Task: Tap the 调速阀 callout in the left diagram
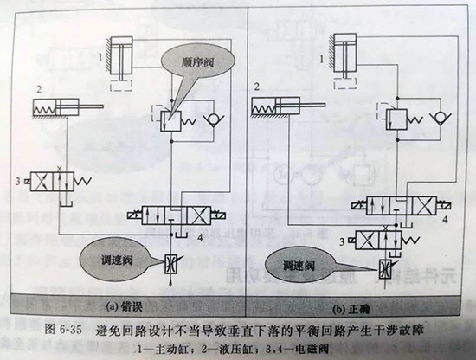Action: (x=117, y=260)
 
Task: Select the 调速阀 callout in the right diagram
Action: (x=300, y=267)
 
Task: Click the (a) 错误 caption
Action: (x=124, y=307)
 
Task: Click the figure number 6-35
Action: (x=71, y=330)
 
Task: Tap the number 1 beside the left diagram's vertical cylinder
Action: (x=100, y=57)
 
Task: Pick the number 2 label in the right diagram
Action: (x=257, y=87)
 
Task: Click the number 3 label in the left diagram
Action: (x=18, y=181)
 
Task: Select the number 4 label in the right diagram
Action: (x=445, y=219)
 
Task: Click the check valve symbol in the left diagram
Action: (x=214, y=119)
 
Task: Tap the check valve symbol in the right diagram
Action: (x=441, y=118)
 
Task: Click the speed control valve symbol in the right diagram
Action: (x=385, y=269)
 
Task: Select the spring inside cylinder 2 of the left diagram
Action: (x=44, y=108)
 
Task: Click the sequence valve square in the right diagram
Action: (x=396, y=119)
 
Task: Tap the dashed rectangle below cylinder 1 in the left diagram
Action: (x=121, y=86)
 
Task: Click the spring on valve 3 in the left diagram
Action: (x=82, y=181)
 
